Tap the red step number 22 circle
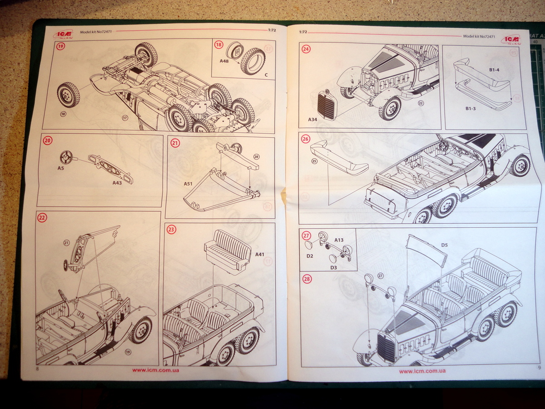(x=42, y=218)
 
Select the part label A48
(x=224, y=61)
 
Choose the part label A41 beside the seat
(x=259, y=254)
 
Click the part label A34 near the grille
(x=312, y=120)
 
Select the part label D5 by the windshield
(x=445, y=245)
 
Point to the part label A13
(x=339, y=239)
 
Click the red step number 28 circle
(x=307, y=279)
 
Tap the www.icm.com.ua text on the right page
(x=422, y=371)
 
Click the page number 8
(x=37, y=369)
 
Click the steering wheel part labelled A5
(x=67, y=157)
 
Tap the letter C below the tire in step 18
(x=266, y=74)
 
